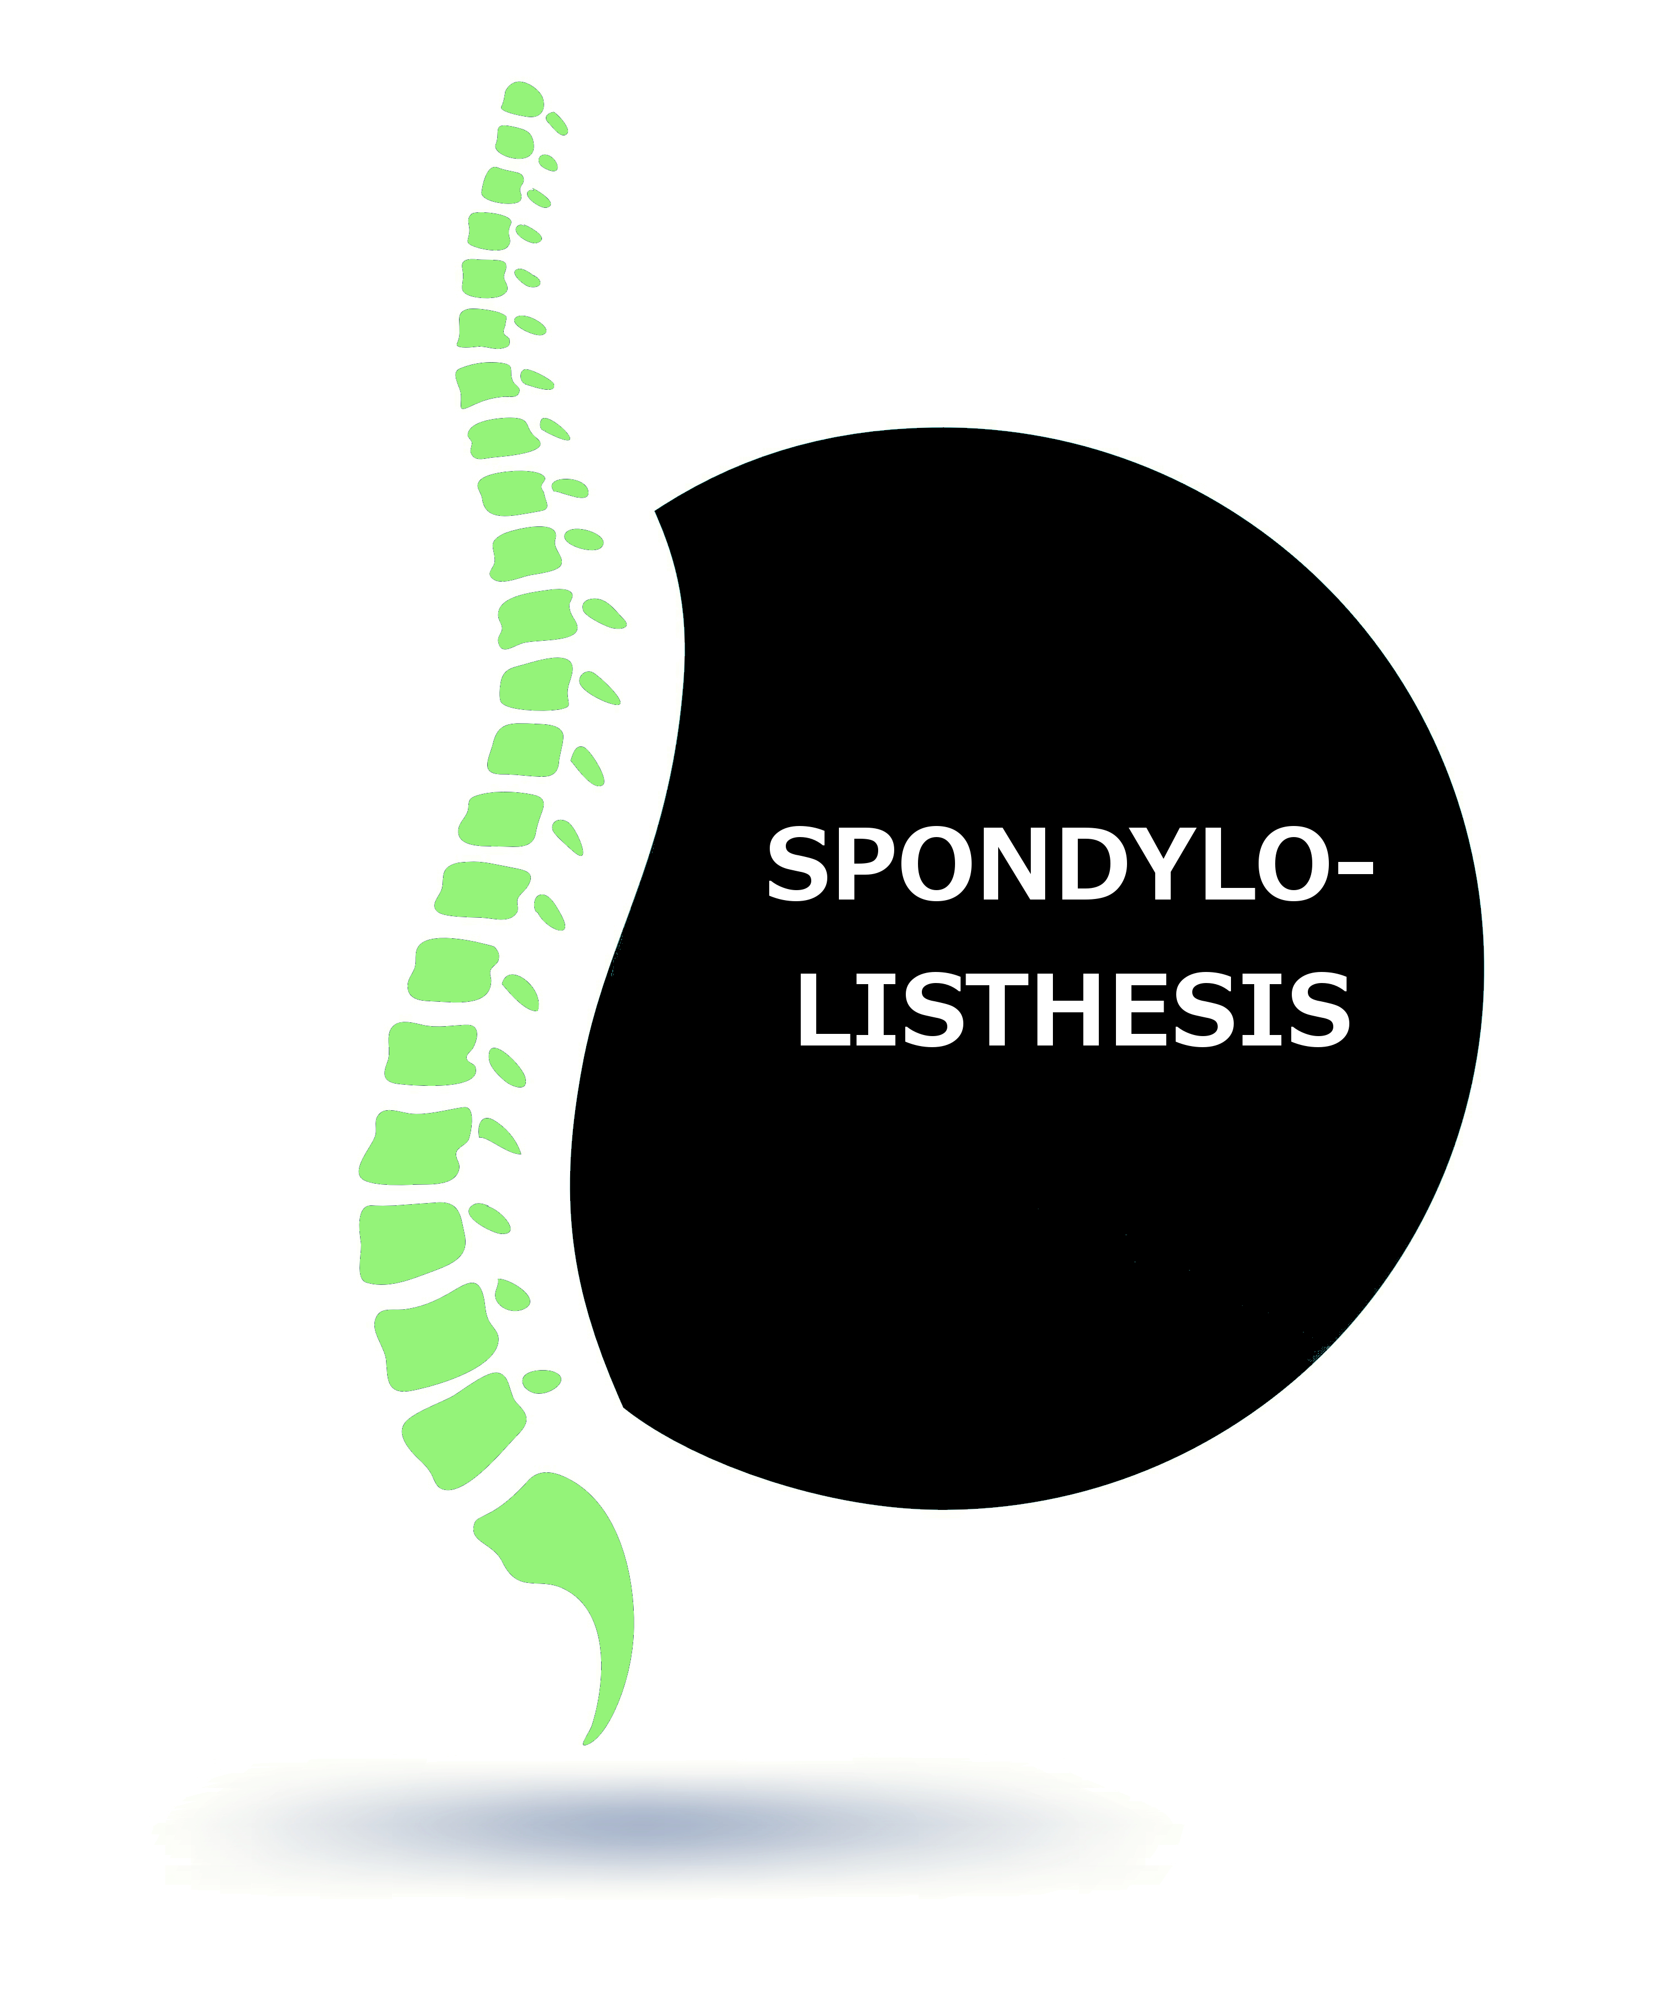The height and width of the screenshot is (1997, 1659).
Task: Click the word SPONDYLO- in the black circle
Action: [1070, 864]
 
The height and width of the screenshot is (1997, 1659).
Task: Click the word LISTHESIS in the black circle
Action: [1073, 1010]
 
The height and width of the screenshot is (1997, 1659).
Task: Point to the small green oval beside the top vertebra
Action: [556, 124]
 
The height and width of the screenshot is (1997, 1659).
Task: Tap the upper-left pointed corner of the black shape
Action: [655, 511]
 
